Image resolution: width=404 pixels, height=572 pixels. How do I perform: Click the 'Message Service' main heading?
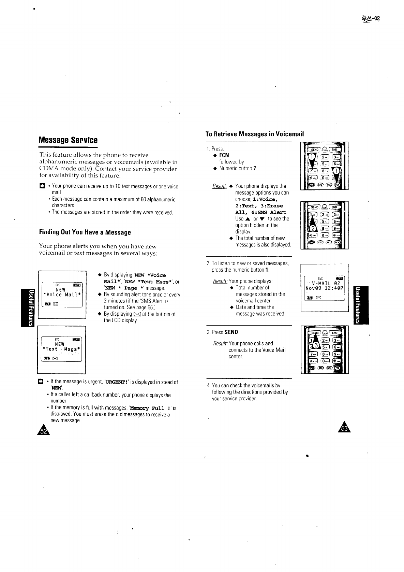68,140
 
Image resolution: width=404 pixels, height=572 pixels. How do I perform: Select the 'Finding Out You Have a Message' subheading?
85,232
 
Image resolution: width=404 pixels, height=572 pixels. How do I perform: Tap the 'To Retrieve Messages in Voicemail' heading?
254,134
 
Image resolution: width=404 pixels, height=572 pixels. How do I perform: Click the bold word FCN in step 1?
224,155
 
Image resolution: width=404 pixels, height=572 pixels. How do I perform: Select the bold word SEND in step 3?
231,332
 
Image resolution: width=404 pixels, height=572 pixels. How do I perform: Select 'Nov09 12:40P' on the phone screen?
325,288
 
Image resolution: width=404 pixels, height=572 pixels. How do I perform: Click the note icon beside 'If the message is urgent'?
41,382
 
